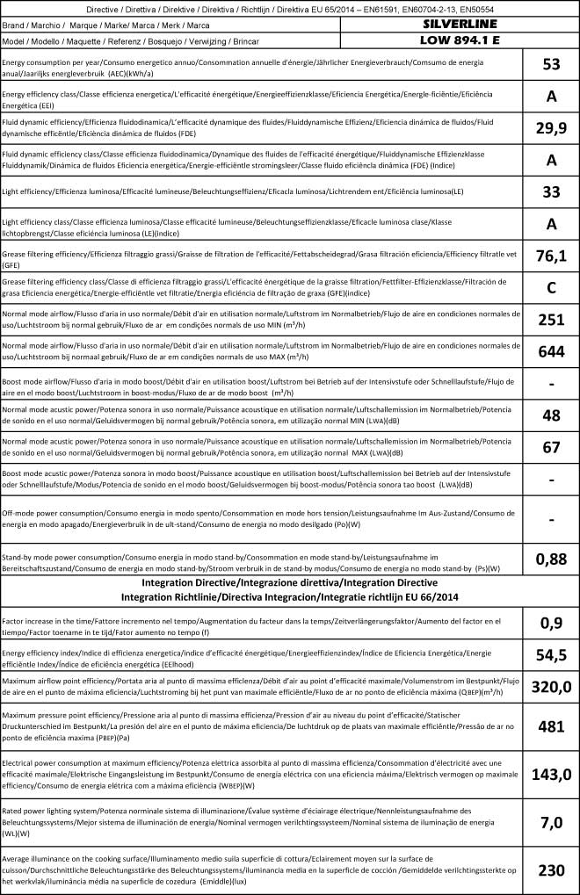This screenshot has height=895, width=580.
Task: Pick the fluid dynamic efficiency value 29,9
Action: point(552,128)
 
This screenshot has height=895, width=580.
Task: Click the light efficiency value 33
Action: point(552,191)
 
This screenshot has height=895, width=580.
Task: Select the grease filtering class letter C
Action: point(552,286)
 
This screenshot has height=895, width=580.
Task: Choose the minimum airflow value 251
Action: point(552,319)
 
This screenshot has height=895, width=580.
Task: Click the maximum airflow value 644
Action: point(552,351)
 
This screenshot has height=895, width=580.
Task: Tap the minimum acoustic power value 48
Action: point(552,415)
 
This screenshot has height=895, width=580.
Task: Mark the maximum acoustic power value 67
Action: point(552,447)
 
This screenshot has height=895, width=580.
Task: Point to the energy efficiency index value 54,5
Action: point(552,658)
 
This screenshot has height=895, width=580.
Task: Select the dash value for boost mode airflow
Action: point(552,383)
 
